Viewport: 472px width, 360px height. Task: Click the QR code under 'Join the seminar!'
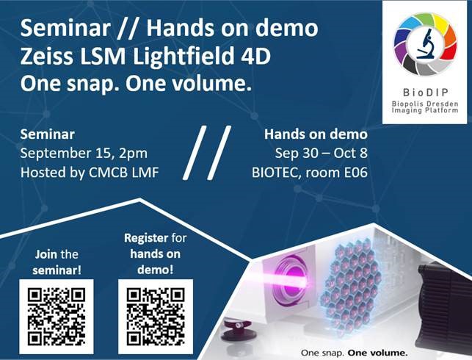click(57, 317)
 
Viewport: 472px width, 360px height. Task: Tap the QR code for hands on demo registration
click(156, 317)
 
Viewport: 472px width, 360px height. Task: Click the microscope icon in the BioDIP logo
click(425, 43)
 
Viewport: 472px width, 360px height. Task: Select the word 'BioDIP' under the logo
click(425, 92)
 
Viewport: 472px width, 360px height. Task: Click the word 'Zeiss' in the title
click(47, 56)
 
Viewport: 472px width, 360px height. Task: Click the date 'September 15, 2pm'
click(84, 154)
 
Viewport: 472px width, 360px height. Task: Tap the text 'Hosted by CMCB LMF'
click(90, 173)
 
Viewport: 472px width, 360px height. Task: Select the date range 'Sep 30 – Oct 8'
click(322, 153)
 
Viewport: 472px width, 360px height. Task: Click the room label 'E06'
click(356, 173)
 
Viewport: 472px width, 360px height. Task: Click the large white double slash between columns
click(207, 153)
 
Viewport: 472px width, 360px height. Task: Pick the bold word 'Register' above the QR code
click(146, 238)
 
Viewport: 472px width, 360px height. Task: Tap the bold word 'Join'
click(46, 254)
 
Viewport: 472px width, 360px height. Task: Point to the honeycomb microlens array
click(350, 286)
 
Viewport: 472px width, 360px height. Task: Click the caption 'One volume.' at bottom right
click(377, 353)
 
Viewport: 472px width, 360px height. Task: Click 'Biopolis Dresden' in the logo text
click(425, 104)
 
